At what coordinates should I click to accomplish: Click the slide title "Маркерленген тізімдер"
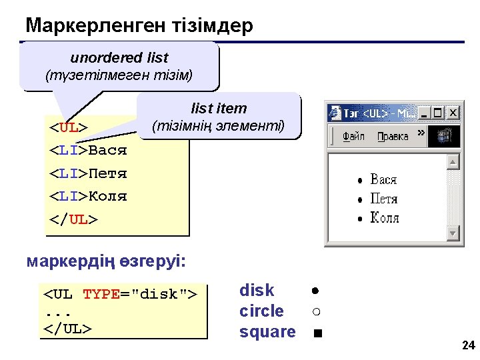(139, 26)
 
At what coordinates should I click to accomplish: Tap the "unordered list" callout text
(119, 58)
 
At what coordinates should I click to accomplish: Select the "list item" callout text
(219, 109)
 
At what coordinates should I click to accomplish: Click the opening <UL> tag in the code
(69, 127)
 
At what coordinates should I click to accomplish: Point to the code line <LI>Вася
(88, 150)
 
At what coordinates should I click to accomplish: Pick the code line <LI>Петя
(88, 173)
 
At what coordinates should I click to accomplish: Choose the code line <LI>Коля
(88, 197)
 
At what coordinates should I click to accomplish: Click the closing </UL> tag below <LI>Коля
(73, 219)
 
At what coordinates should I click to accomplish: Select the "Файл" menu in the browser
(353, 137)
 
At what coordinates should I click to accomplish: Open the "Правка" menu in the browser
(393, 137)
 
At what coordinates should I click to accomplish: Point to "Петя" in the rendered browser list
(384, 199)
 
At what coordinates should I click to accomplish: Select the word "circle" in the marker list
(261, 311)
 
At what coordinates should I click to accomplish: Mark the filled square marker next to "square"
(317, 333)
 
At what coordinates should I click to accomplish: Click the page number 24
(468, 345)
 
